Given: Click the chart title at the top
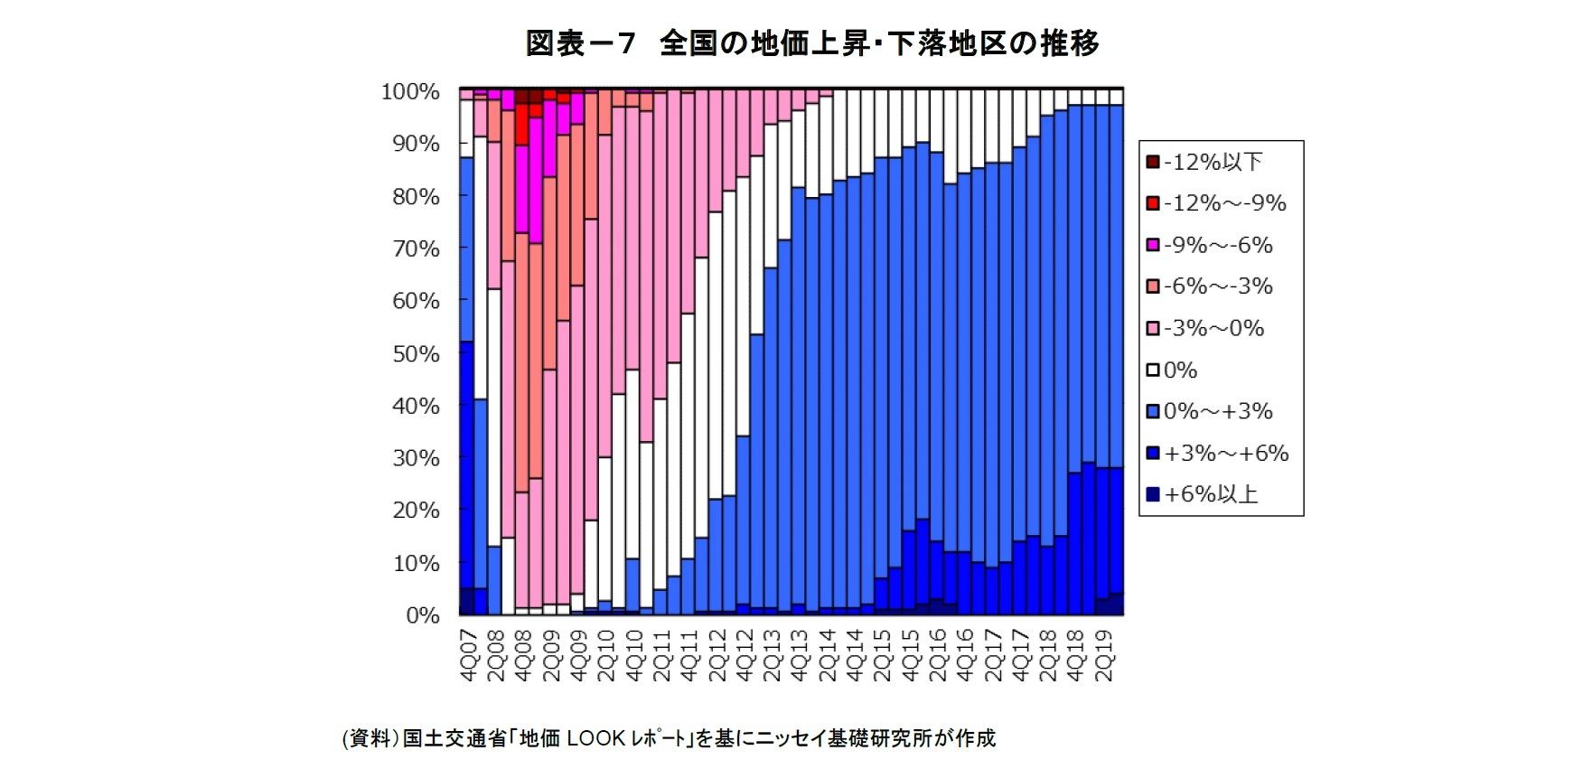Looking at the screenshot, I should [811, 42].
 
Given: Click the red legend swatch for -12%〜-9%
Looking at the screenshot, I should [1153, 203].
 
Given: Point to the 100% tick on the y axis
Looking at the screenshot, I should [410, 91].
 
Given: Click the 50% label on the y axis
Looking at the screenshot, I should [416, 353].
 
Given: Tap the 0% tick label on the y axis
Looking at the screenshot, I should [422, 615].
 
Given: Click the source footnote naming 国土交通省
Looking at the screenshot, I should [668, 738].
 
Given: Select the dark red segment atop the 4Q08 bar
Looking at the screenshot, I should [522, 97].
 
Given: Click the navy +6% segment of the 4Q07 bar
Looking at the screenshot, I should [467, 601].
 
